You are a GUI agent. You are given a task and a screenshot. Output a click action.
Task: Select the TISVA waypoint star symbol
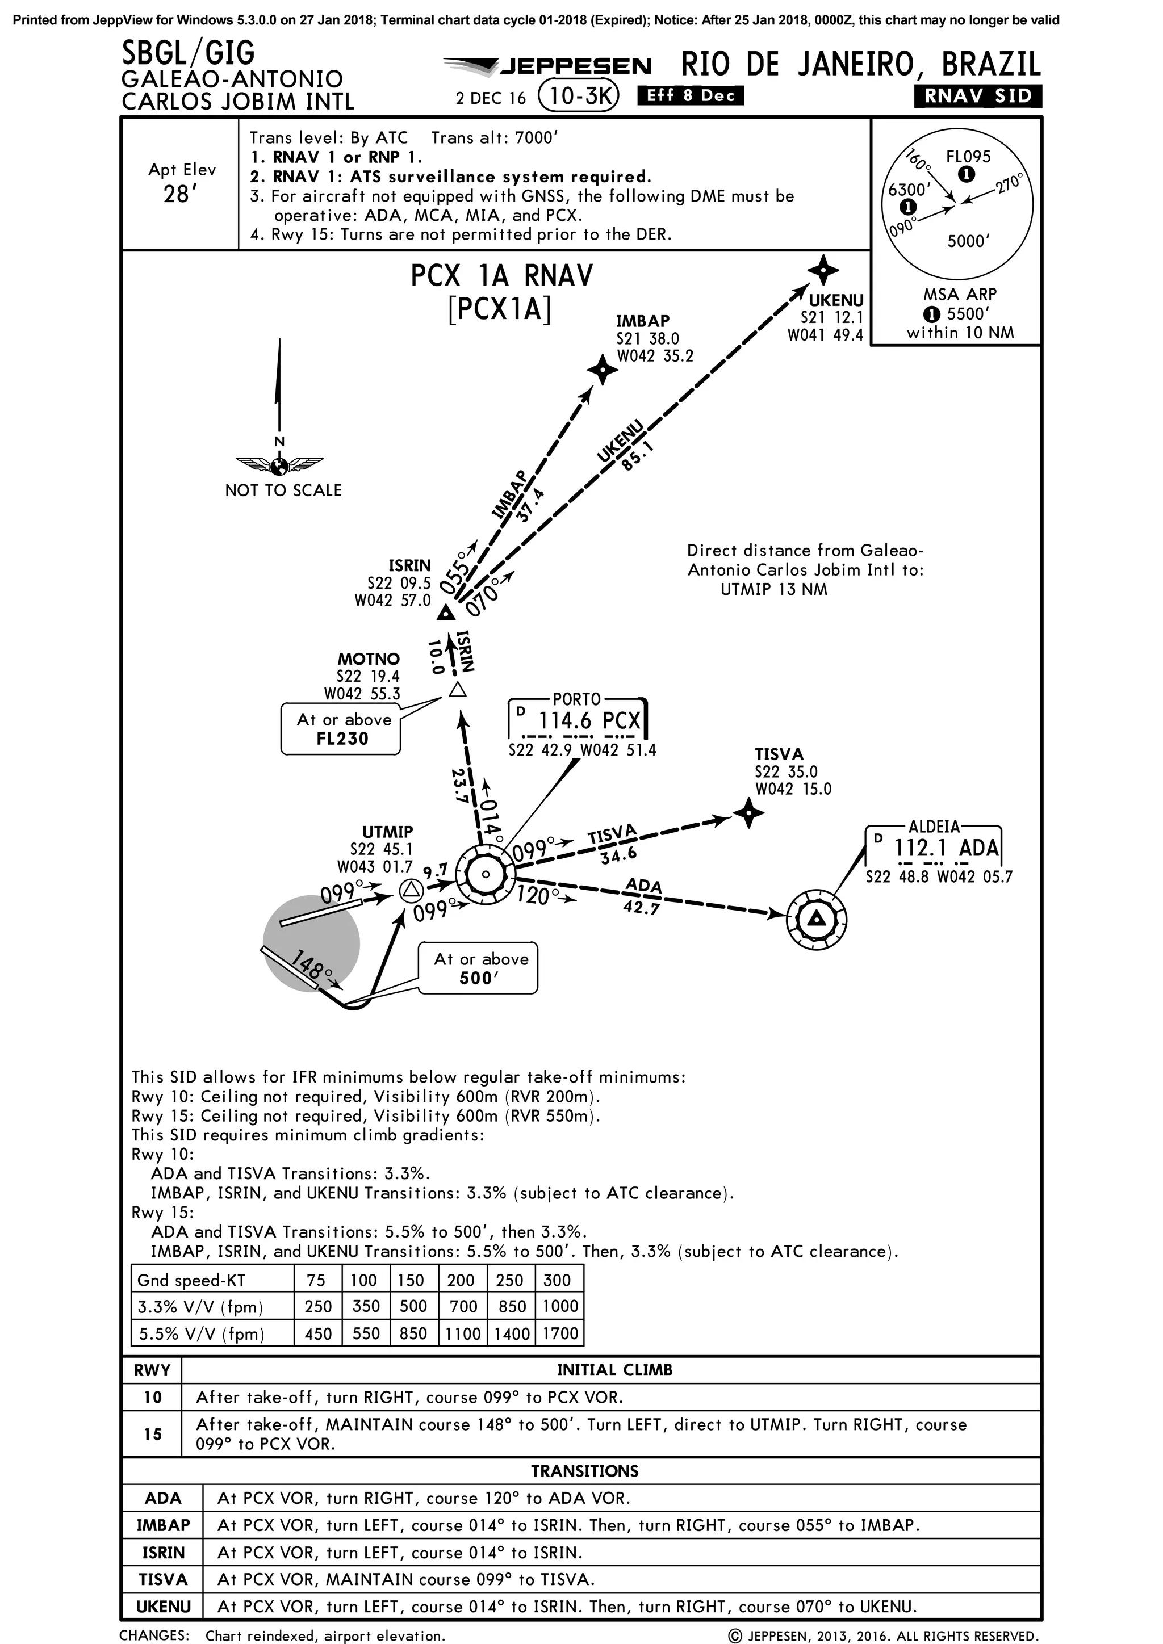point(748,813)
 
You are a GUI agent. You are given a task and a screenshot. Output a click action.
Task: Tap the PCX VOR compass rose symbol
point(485,874)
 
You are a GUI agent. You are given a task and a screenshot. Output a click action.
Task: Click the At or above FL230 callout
point(341,729)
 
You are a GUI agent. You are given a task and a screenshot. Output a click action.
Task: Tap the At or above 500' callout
point(478,968)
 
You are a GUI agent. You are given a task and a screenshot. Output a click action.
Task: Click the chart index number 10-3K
point(577,96)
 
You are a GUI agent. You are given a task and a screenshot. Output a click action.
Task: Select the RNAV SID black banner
point(977,96)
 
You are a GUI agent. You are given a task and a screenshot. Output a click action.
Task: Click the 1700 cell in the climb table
point(560,1333)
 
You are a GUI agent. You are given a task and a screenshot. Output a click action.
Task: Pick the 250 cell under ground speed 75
point(317,1306)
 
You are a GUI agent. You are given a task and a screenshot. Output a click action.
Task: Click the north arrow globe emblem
point(279,466)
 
